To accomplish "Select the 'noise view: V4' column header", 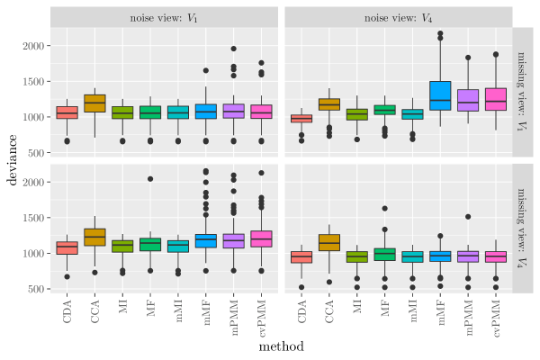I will coord(398,18).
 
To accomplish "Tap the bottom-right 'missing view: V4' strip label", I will coord(523,229).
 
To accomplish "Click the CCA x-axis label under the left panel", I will coord(95,310).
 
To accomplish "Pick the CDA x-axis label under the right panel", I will coord(301,310).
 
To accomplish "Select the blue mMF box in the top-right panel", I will coord(440,96).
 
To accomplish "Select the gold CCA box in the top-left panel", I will coord(94,103).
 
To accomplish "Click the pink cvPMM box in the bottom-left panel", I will coord(262,238).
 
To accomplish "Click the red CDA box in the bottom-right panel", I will coord(301,256).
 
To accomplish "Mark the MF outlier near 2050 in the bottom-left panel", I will coord(150,179).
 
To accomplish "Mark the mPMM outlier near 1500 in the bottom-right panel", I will coord(468,217).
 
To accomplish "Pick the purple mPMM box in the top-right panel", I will coord(468,100).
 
